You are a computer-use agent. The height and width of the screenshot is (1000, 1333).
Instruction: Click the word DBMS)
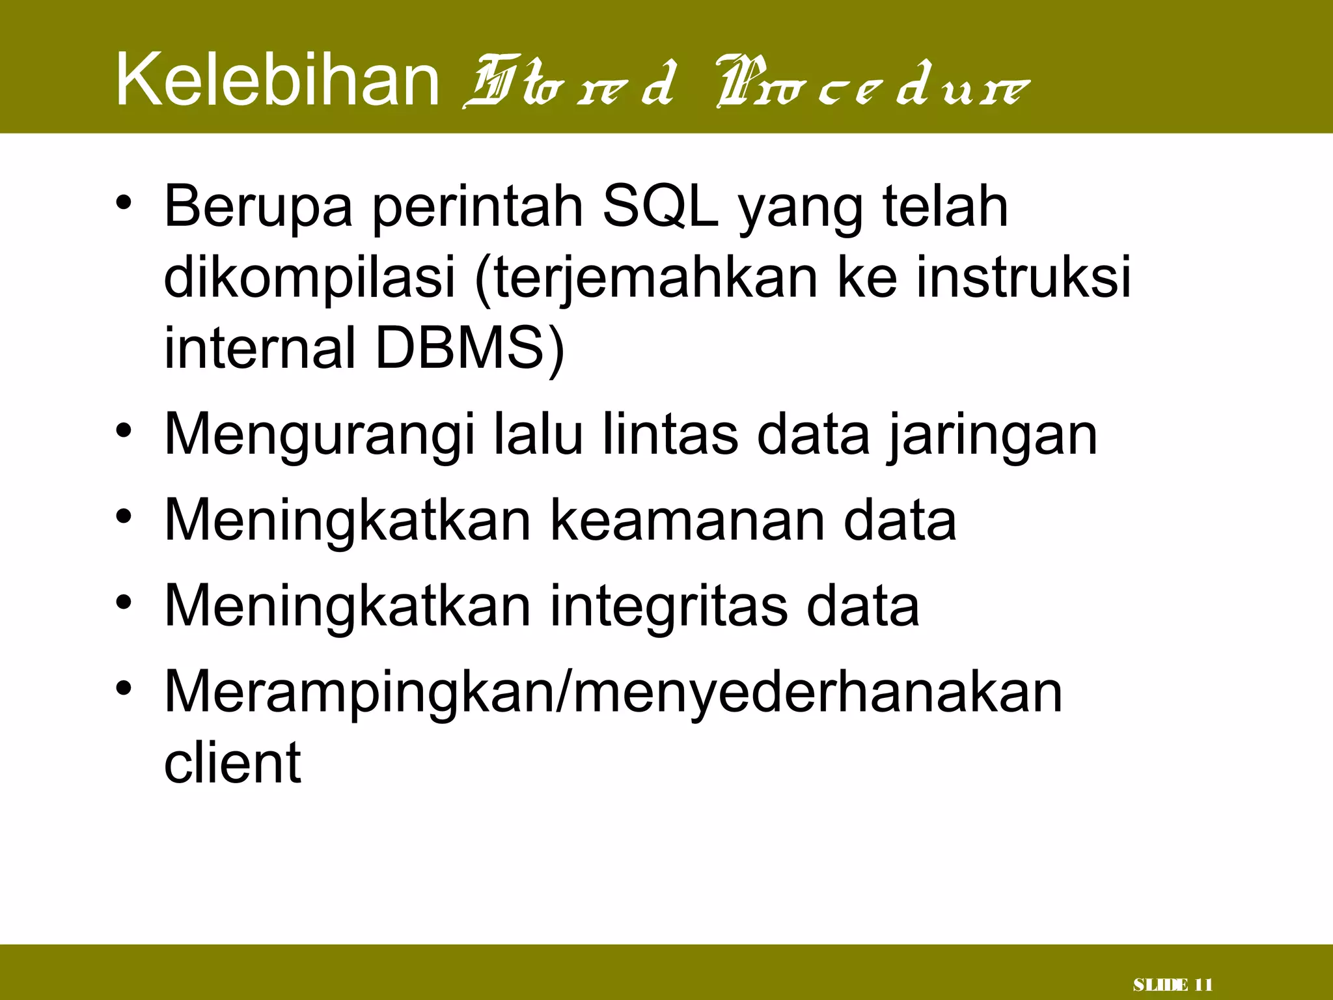coord(469,348)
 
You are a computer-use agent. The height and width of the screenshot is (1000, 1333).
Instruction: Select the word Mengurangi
coord(320,436)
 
